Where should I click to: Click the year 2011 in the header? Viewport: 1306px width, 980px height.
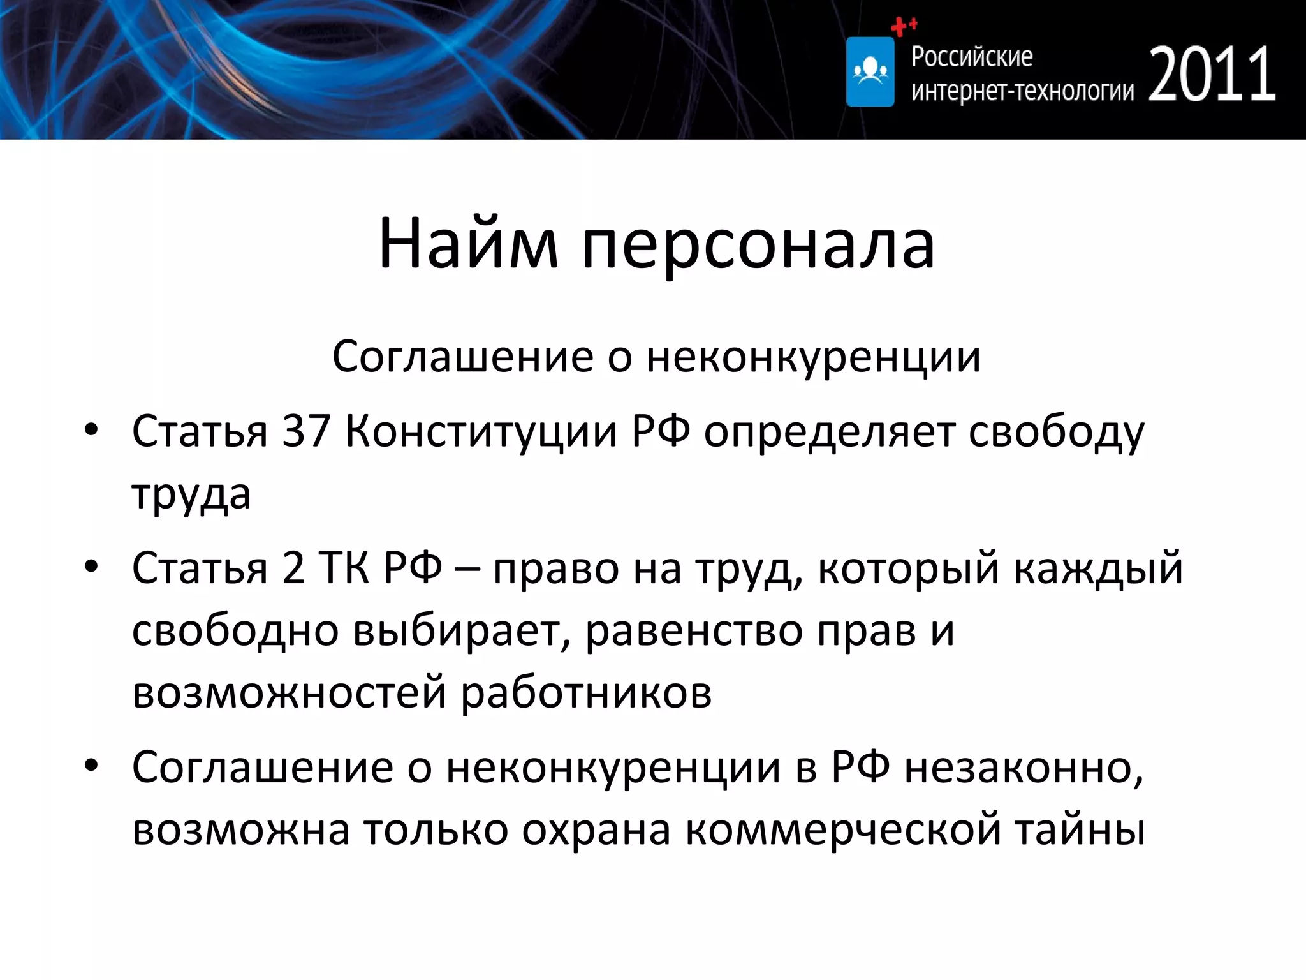(x=1212, y=75)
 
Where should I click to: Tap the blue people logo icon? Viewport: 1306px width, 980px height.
(x=870, y=71)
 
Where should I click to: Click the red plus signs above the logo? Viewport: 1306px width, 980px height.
(x=903, y=26)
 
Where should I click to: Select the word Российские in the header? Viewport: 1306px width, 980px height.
(x=971, y=57)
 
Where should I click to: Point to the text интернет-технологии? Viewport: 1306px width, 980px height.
(x=1022, y=91)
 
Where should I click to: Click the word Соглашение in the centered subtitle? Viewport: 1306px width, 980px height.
(x=462, y=356)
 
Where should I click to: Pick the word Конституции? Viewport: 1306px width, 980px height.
(x=481, y=432)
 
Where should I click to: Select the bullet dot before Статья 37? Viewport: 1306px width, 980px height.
(x=91, y=430)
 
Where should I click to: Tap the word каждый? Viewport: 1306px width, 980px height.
(x=1098, y=568)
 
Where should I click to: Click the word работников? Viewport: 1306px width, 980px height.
(x=586, y=693)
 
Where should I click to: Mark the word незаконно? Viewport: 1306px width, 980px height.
(x=1024, y=767)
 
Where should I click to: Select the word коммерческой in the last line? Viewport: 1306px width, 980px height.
(x=842, y=829)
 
